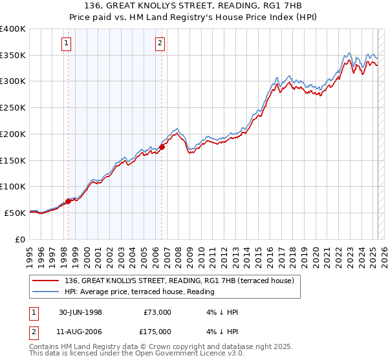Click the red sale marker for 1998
coord(68,201)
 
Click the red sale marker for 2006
coord(162,147)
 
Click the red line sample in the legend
coord(47,280)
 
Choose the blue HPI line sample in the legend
coord(47,291)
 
